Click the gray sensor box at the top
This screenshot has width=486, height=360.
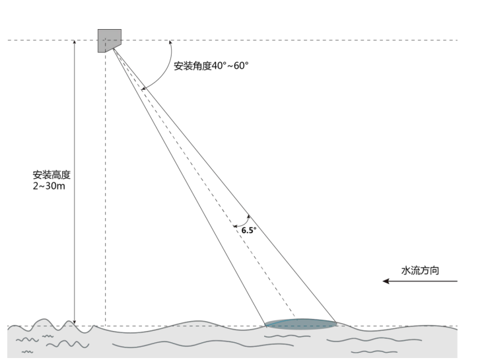pyautogui.click(x=109, y=40)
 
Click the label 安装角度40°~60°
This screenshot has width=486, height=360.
pyautogui.click(x=211, y=66)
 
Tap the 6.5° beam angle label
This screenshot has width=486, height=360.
pyautogui.click(x=249, y=231)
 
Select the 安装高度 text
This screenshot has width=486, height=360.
pyautogui.click(x=52, y=176)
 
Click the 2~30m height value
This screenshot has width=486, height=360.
pyautogui.click(x=52, y=186)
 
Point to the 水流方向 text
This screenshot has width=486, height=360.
pyautogui.click(x=421, y=270)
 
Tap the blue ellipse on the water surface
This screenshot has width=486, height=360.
pyautogui.click(x=300, y=324)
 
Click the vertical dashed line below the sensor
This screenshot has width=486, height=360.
pyautogui.click(x=105, y=198)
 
